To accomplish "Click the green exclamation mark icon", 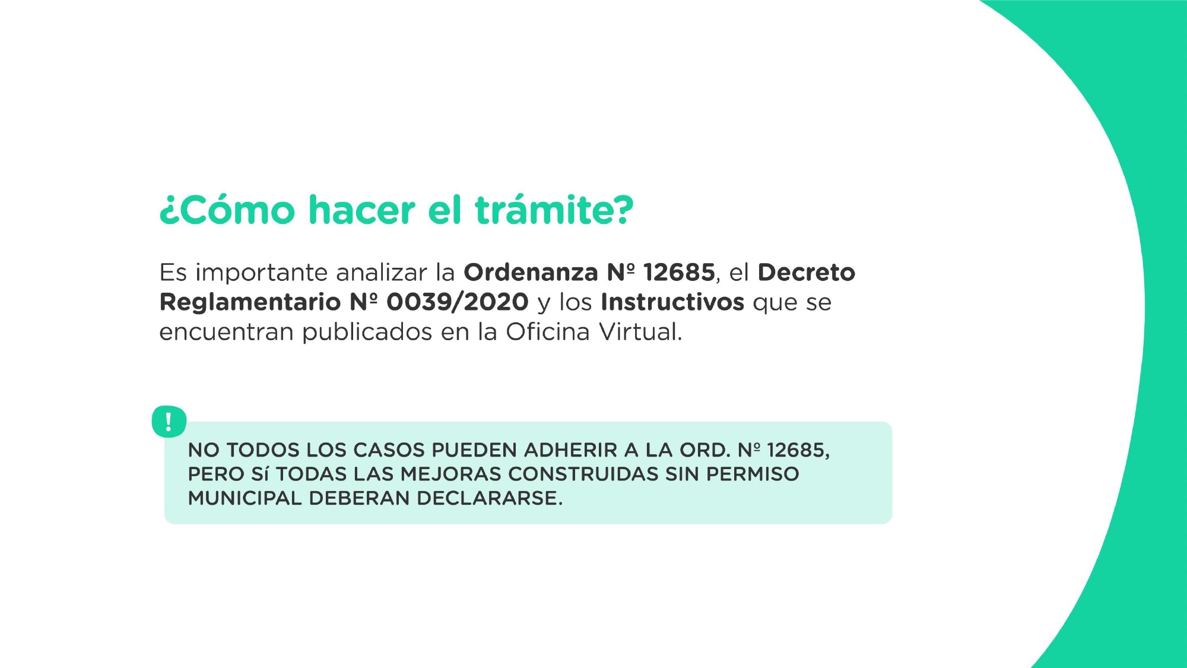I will (x=169, y=422).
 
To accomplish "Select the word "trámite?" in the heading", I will (x=554, y=210).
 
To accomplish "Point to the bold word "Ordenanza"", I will (x=531, y=273).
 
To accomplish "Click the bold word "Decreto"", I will (x=806, y=273).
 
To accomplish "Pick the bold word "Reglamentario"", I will (x=250, y=302).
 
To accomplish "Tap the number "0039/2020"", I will (x=457, y=302).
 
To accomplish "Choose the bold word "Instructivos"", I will (x=672, y=302).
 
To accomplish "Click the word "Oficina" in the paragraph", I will (x=547, y=332).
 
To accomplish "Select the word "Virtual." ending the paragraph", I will (x=640, y=332).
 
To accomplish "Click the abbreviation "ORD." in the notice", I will (x=704, y=450).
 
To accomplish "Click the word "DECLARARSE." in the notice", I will (x=490, y=498).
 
